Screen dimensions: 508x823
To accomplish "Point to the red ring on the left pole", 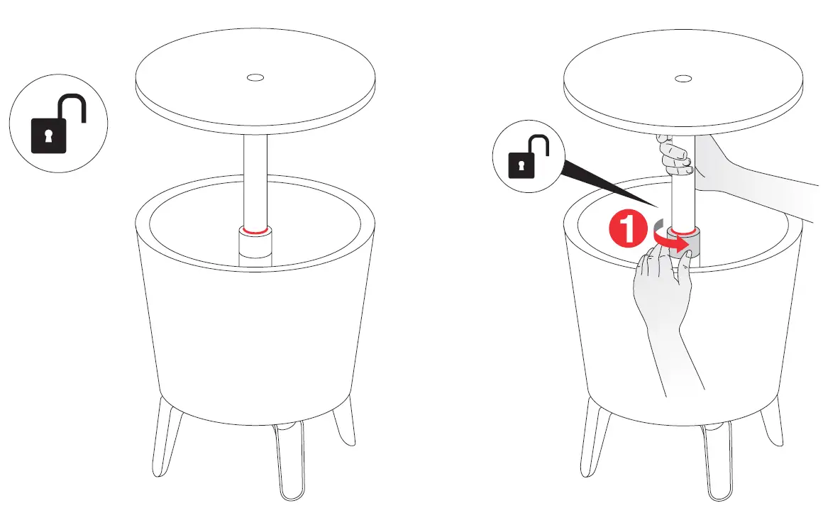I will pos(254,230).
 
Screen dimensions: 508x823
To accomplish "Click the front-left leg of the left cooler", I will pos(164,436).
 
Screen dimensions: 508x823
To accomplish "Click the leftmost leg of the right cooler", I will pos(595,436).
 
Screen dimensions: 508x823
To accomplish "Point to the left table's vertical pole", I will pos(254,177).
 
